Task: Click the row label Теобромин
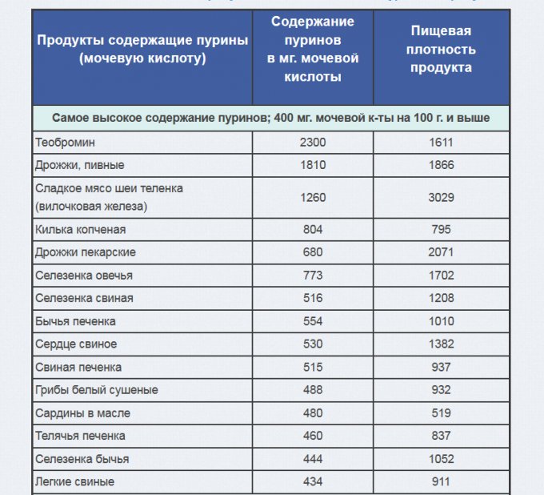coord(66,143)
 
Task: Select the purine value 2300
coord(314,143)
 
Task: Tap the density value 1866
coord(441,165)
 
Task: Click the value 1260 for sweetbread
coord(314,197)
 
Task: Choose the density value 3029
coord(441,197)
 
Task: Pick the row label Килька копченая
coord(81,229)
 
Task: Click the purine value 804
coord(314,229)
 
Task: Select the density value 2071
coord(441,252)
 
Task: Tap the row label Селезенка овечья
coord(84,276)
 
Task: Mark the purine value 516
coord(314,298)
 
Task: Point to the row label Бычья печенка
coord(76,321)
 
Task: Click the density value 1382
coord(441,344)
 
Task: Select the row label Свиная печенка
coord(78,367)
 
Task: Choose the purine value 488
coord(314,390)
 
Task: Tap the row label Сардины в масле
coord(83,413)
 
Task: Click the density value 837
coord(441,436)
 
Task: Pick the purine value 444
coord(314,459)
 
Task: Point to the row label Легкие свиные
coord(75,482)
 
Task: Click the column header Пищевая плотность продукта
coord(441,50)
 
